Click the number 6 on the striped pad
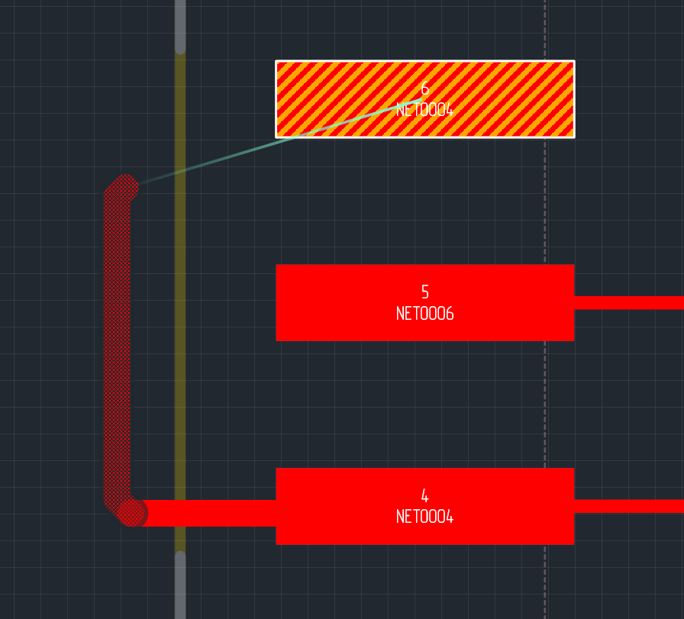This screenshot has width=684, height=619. pos(425,89)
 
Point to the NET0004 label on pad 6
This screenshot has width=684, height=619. pos(425,111)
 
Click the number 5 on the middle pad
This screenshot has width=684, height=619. pos(425,292)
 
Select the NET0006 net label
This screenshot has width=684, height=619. pos(425,314)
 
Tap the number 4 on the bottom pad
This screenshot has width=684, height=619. pos(425,495)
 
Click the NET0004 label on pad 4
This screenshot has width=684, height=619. pos(425,517)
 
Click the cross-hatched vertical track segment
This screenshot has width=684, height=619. pos(117,343)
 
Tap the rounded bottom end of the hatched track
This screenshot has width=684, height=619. pos(131,513)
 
